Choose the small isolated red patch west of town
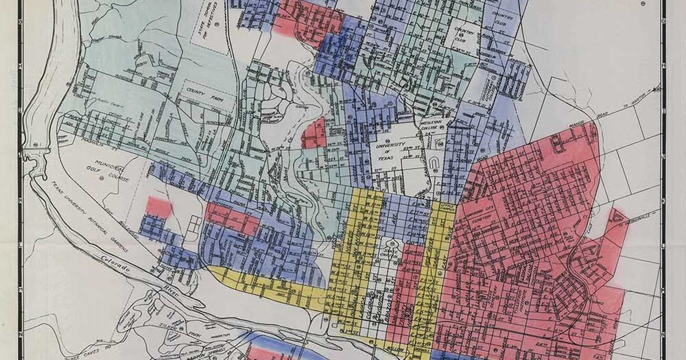(159, 206)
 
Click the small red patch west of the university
(314, 132)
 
